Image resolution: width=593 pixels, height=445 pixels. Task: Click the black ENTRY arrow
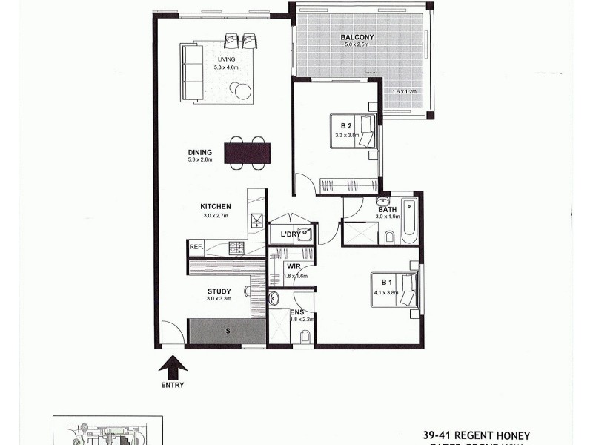pyautogui.click(x=171, y=366)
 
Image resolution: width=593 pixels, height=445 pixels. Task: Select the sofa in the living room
pyautogui.click(x=192, y=73)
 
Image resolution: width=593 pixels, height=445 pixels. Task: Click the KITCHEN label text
pyautogui.click(x=216, y=206)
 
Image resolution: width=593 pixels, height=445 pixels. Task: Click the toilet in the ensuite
pyautogui.click(x=305, y=338)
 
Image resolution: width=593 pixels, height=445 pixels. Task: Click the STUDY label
pyautogui.click(x=219, y=291)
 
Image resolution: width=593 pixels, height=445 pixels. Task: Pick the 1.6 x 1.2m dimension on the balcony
pyautogui.click(x=405, y=91)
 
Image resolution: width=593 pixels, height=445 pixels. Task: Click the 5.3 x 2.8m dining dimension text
pyautogui.click(x=200, y=160)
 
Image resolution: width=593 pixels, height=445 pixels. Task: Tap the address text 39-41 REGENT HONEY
pyautogui.click(x=476, y=434)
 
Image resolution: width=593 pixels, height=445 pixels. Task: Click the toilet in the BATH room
pyautogui.click(x=389, y=237)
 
